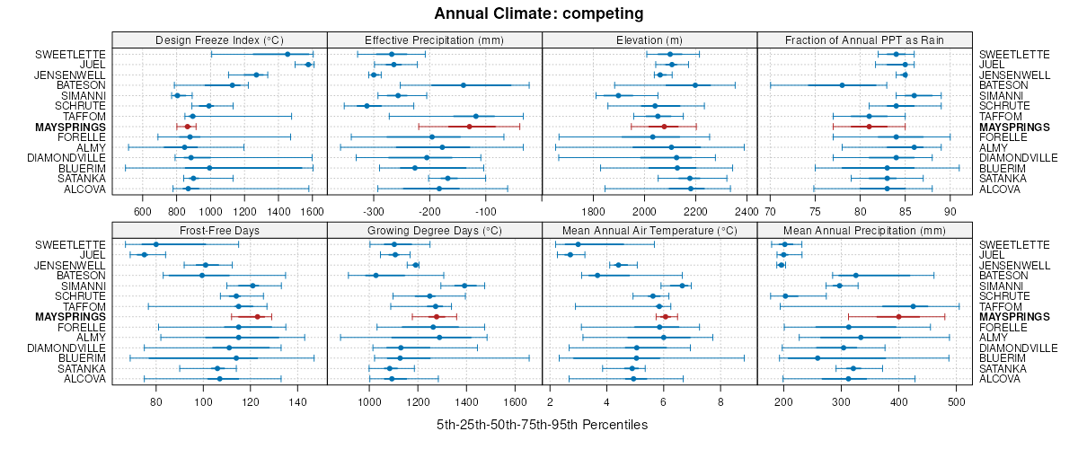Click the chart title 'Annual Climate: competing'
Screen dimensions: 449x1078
tap(538, 13)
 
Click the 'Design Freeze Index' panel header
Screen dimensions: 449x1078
tap(219, 40)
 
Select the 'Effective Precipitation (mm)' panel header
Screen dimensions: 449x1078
tap(434, 40)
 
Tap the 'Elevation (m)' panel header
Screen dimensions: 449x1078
tap(649, 40)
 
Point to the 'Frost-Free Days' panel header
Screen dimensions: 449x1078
tap(219, 230)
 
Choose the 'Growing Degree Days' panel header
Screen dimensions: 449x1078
tap(434, 230)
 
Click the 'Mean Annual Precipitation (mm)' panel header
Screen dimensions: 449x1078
tap(864, 230)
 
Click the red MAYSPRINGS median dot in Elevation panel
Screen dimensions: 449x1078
tap(664, 127)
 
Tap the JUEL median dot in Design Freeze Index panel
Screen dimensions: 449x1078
tap(308, 65)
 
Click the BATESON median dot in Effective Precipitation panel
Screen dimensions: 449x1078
tap(464, 85)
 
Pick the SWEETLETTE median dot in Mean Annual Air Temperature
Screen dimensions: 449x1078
tap(578, 244)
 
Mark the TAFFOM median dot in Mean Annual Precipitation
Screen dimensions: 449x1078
tap(913, 306)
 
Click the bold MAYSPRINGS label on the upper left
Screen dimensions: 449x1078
tap(71, 127)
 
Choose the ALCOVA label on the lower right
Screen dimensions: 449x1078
tap(1000, 379)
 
